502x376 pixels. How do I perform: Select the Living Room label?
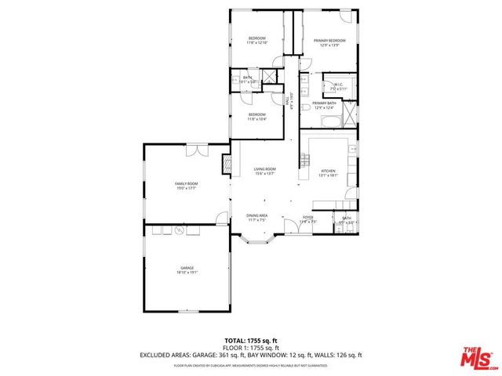(264, 171)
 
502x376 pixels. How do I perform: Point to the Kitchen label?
(327, 171)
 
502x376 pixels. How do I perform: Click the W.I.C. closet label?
(338, 86)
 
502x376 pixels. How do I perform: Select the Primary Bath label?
(324, 105)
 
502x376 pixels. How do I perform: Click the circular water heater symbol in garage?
(179, 231)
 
